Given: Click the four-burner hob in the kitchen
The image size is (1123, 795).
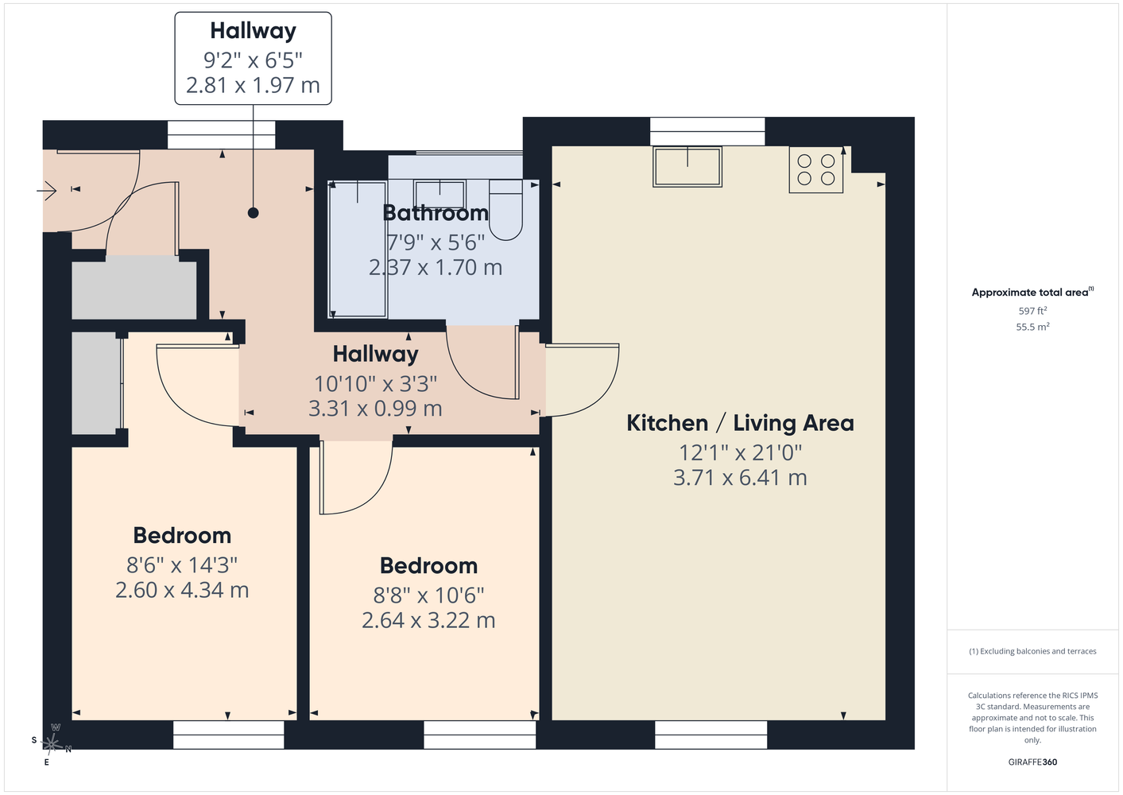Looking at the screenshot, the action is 815,170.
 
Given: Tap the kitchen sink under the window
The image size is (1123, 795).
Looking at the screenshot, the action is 687,167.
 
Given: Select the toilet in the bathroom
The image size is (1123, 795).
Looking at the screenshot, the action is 505,210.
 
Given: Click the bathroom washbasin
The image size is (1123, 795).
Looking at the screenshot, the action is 440,194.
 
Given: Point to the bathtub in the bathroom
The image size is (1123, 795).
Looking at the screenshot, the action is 358,250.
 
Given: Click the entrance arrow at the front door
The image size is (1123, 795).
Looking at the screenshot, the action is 47,191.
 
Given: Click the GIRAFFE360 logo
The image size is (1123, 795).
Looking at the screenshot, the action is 1032,762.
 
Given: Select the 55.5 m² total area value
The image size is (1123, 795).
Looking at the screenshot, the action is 1032,327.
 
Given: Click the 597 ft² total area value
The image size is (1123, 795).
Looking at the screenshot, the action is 1032,311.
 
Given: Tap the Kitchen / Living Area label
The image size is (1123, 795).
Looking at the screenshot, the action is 740,423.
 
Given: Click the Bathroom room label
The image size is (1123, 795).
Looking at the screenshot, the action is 436,213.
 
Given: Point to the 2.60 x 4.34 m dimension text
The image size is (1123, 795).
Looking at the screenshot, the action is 182,590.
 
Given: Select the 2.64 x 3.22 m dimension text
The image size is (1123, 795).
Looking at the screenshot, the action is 428,620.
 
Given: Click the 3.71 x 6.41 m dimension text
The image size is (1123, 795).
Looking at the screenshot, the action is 740,478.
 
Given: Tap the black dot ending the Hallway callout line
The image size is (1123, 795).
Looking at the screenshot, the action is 254,213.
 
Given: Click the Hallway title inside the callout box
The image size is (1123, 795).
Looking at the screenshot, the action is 254,31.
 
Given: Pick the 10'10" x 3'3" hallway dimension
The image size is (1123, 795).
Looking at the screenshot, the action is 375,384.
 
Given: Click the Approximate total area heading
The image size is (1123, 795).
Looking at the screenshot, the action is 1032,292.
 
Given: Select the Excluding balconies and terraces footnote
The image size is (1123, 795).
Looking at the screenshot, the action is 1032,651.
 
